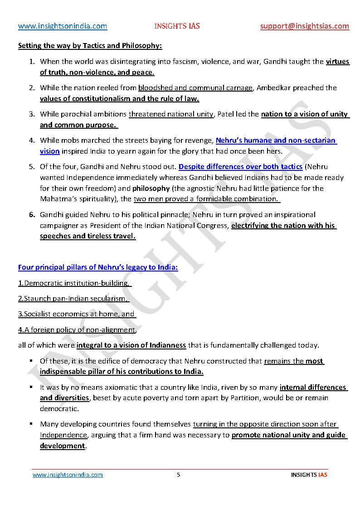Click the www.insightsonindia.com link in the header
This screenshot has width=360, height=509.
coord(63,26)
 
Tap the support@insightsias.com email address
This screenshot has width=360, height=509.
coord(305,26)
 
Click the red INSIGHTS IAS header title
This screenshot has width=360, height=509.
coord(177,26)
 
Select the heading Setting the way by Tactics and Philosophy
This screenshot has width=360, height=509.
coord(90,46)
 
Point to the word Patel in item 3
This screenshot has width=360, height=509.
coord(226,114)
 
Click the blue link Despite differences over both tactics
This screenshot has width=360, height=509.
coord(240,167)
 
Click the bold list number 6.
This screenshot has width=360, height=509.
coord(32,214)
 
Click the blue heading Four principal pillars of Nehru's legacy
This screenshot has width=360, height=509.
coord(98,267)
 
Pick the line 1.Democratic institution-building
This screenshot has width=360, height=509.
coord(74,283)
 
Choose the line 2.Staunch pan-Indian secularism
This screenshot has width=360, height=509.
coord(73,299)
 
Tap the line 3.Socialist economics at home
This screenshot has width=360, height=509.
coord(77,314)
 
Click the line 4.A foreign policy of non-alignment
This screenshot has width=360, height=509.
coord(77,330)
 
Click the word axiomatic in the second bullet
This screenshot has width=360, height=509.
coord(115,388)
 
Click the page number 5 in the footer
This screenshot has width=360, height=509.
coord(178,475)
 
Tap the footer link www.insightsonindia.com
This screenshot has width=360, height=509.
coord(68,475)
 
